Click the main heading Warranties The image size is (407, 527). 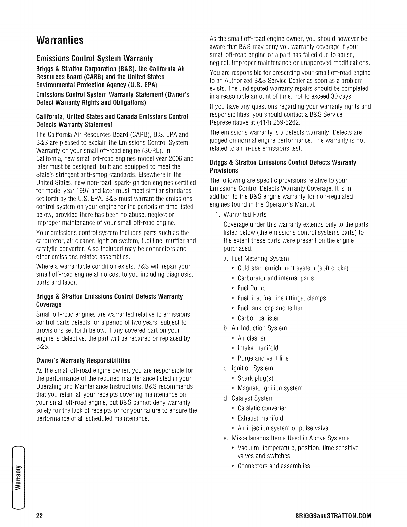click(60, 40)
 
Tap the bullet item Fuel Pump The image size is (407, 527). click(251, 288)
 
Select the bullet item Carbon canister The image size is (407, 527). click(258, 318)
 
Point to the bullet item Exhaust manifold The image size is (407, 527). click(260, 418)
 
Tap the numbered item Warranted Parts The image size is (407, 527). click(245, 214)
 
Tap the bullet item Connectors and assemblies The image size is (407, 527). click(274, 466)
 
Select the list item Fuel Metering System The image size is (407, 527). click(260, 258)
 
